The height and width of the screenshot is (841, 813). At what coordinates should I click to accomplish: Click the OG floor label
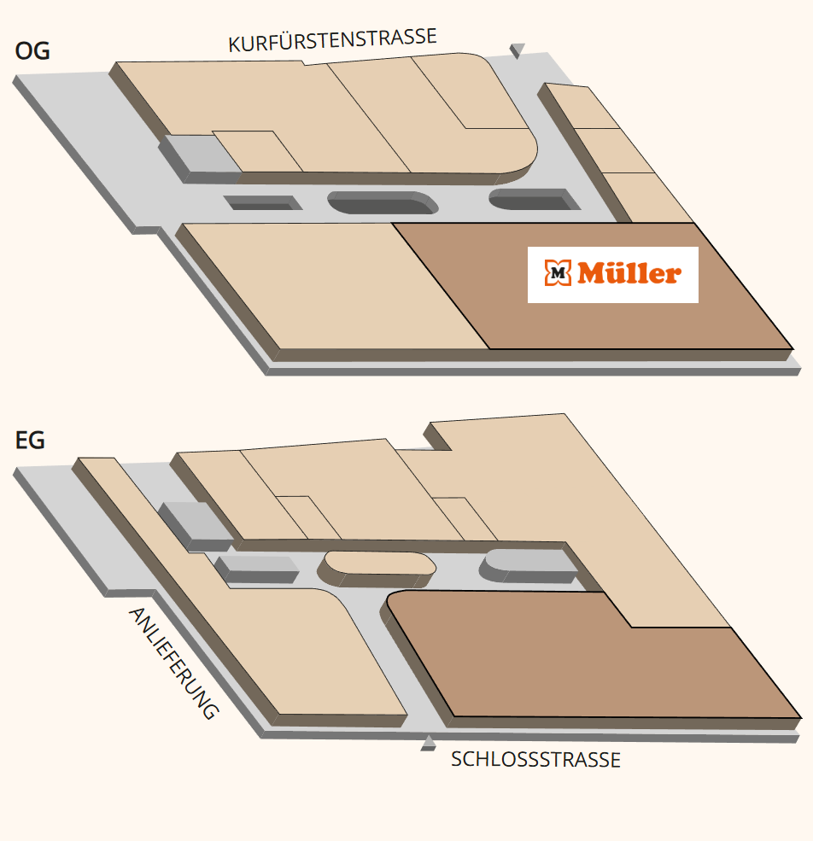tap(32, 51)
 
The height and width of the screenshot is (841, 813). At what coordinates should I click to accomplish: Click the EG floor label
tap(30, 441)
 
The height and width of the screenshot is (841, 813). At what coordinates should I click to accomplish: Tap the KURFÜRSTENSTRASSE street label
tap(332, 40)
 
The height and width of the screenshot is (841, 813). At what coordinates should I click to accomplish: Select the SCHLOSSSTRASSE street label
tap(535, 760)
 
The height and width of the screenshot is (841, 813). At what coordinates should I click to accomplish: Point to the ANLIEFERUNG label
tap(173, 663)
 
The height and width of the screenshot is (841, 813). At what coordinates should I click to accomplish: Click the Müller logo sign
tap(613, 275)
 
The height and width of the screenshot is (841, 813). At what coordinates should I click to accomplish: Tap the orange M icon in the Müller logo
tap(558, 273)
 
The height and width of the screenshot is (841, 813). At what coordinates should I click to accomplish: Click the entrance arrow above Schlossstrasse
tap(428, 744)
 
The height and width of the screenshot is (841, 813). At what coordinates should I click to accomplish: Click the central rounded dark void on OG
tap(383, 202)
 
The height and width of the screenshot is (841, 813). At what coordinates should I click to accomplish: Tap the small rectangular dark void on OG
tap(263, 202)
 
